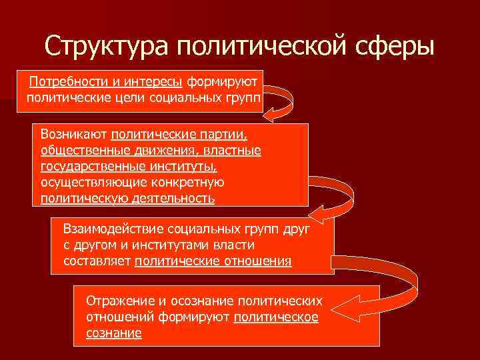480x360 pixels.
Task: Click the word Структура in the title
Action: [106, 47]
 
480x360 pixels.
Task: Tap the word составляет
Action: [97, 261]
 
